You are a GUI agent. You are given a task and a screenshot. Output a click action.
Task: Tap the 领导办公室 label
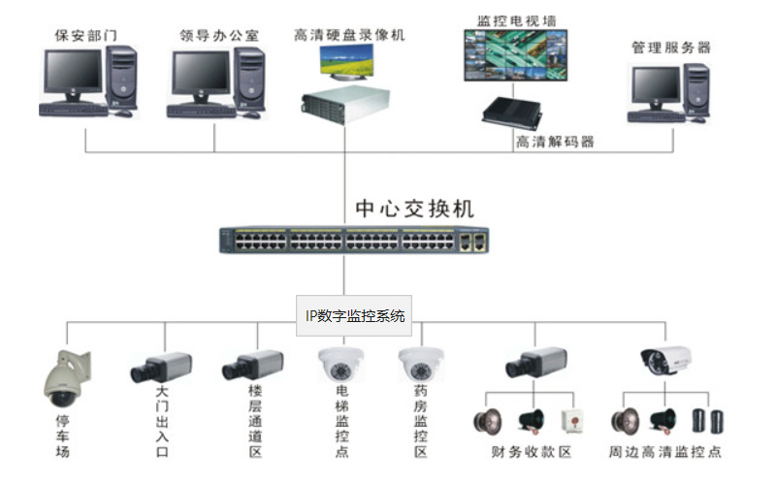pyautogui.click(x=219, y=36)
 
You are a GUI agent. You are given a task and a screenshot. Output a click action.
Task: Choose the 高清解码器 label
pyautogui.click(x=554, y=142)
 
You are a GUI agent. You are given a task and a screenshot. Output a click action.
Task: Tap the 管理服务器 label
pyautogui.click(x=671, y=47)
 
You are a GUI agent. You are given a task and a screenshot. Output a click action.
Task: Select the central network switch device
pyautogui.click(x=354, y=240)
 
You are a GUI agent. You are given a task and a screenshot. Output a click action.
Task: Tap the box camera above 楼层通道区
pyautogui.click(x=253, y=366)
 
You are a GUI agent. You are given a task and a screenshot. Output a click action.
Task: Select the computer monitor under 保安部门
pyautogui.click(x=72, y=72)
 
